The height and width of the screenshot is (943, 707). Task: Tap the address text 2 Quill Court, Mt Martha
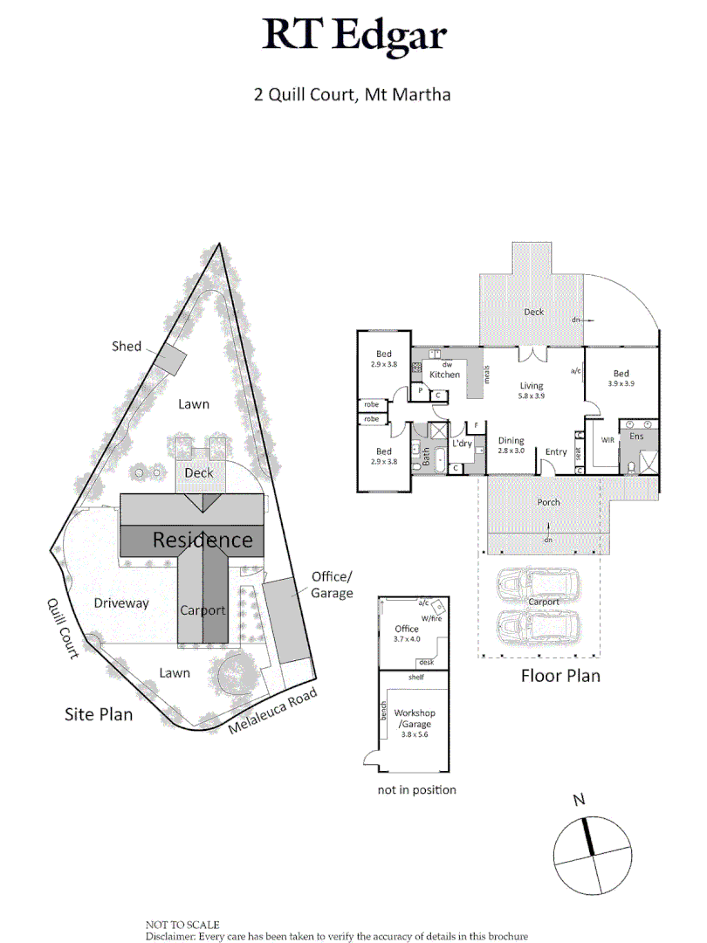tap(353, 94)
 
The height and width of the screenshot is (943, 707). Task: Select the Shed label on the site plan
tap(127, 347)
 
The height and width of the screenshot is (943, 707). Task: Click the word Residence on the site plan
tap(202, 540)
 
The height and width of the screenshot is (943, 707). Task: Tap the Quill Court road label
tap(63, 628)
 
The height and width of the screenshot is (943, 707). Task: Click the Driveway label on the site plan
tap(121, 602)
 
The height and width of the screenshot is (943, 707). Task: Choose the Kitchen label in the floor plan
tap(444, 375)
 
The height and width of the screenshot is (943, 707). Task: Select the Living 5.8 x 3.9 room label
tap(532, 390)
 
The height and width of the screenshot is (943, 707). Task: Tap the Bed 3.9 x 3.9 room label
tap(621, 378)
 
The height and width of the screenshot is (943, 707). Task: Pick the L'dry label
tap(462, 444)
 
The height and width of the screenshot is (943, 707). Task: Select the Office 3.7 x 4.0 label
tap(407, 633)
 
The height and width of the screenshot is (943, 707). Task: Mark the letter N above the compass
tap(578, 799)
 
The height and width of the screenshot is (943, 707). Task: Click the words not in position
tap(415, 790)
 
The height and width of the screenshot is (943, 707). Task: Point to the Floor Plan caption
tap(560, 675)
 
